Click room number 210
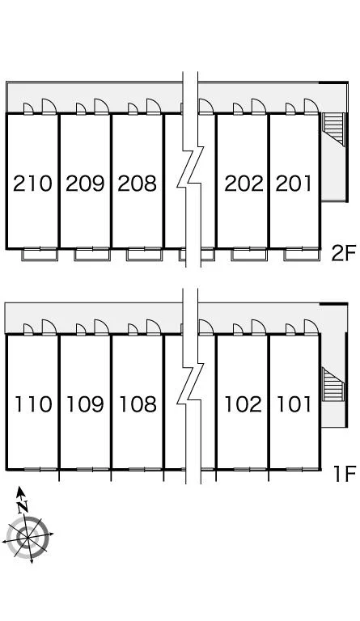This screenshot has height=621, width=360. pyautogui.click(x=32, y=184)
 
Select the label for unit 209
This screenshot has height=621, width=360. pyautogui.click(x=85, y=184)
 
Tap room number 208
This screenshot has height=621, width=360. pyautogui.click(x=137, y=184)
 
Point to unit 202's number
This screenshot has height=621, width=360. pyautogui.click(x=244, y=184)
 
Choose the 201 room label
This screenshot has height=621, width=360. pyautogui.click(x=294, y=184)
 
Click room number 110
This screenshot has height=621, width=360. pyautogui.click(x=34, y=404)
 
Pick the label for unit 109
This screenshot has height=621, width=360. pyautogui.click(x=85, y=404)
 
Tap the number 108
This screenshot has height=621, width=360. pyautogui.click(x=138, y=404)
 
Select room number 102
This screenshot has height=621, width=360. pyautogui.click(x=244, y=404)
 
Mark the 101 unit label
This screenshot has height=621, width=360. pyautogui.click(x=294, y=404)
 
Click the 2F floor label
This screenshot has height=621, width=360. pyautogui.click(x=344, y=253)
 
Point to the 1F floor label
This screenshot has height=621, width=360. pyautogui.click(x=345, y=474)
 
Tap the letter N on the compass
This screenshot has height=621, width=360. pyautogui.click(x=23, y=505)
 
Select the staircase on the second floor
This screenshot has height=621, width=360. pyautogui.click(x=334, y=129)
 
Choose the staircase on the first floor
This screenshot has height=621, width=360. pyautogui.click(x=333, y=385)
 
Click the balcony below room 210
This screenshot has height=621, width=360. pyautogui.click(x=40, y=254)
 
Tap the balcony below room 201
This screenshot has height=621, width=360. pyautogui.click(x=302, y=254)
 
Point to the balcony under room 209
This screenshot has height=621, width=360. pyautogui.click(x=92, y=254)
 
